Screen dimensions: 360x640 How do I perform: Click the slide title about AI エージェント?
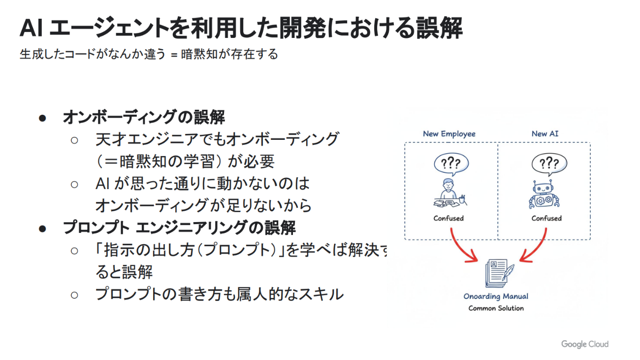[241, 29]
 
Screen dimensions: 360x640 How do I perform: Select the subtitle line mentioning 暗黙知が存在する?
[149, 54]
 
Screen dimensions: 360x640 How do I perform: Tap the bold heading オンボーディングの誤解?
[144, 118]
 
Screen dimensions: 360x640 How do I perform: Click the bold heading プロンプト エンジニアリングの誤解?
[179, 228]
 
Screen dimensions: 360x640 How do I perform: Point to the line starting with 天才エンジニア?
[217, 139]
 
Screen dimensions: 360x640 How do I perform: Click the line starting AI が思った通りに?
[202, 184]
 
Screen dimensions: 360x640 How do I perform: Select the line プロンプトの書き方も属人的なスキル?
[219, 294]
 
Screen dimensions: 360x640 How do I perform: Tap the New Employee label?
[449, 134]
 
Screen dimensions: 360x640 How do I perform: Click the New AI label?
[545, 134]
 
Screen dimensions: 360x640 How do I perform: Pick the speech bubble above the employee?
[451, 164]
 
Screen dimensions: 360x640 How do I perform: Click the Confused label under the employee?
[448, 218]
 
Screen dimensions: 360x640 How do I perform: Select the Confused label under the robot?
[546, 218]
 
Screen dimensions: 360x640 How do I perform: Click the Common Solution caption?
[496, 308]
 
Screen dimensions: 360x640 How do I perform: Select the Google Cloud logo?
[585, 344]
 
